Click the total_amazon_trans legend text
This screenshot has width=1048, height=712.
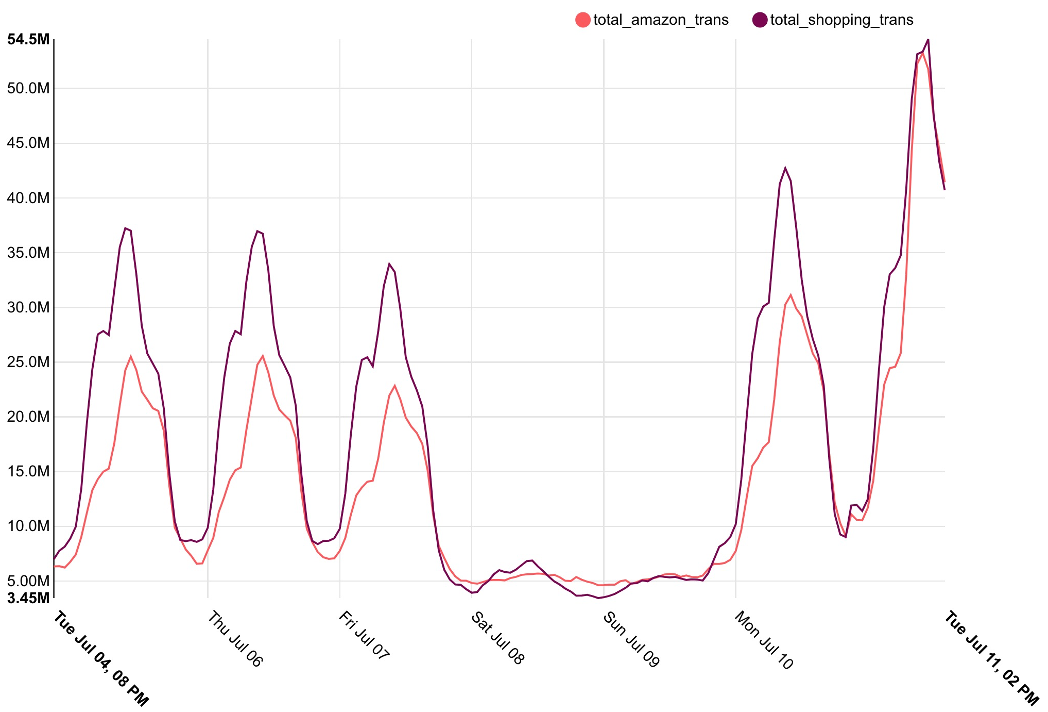click(661, 20)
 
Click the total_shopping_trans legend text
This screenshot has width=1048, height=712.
click(841, 20)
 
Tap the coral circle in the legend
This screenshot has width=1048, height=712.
click(582, 20)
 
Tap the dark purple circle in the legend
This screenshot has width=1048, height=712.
click(760, 20)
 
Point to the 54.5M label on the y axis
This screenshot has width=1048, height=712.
click(29, 39)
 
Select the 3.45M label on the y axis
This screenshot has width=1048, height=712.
click(29, 598)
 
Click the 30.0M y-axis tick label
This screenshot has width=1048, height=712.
click(29, 308)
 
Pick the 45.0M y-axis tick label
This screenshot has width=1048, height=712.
click(29, 143)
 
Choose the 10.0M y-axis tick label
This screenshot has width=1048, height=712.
click(29, 526)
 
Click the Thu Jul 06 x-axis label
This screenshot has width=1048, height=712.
click(235, 639)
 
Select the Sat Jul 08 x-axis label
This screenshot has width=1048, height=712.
click(497, 638)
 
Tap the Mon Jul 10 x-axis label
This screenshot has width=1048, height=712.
click(764, 640)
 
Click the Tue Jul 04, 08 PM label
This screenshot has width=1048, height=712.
click(101, 658)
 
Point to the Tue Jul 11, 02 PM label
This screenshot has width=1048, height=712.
click(991, 658)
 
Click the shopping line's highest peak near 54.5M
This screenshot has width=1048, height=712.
click(928, 39)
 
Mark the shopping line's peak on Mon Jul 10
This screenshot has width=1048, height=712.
click(785, 168)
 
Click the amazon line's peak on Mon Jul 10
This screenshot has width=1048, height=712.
click(791, 295)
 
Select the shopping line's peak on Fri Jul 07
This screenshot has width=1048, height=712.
click(389, 264)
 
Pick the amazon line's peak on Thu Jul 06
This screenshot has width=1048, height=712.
click(263, 356)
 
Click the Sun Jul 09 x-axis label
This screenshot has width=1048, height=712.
click(631, 639)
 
